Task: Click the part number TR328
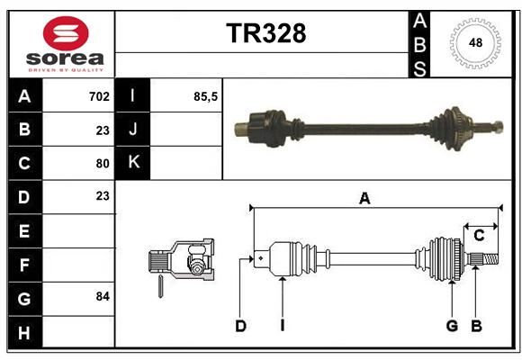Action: click(x=266, y=33)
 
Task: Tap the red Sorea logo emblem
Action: click(x=66, y=33)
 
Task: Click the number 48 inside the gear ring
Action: click(x=475, y=43)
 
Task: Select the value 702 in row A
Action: click(x=99, y=96)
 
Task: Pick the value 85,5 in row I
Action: click(x=205, y=96)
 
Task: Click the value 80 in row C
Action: click(x=103, y=164)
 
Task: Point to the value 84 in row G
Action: click(x=103, y=296)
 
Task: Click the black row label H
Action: click(x=24, y=332)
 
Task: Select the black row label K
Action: click(x=133, y=163)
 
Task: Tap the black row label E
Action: click(x=24, y=230)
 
